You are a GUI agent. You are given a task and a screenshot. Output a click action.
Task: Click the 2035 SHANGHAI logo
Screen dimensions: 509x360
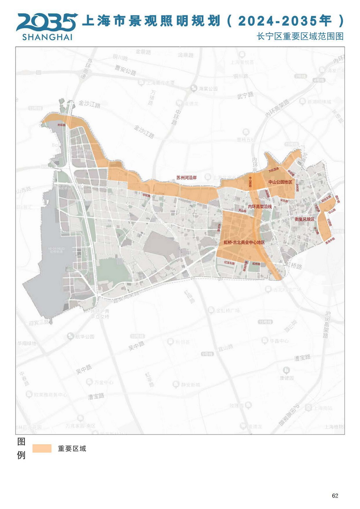(47, 27)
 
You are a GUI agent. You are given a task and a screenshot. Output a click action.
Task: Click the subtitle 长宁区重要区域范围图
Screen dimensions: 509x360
(300, 36)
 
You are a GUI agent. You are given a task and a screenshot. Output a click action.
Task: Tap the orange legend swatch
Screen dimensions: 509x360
(42, 448)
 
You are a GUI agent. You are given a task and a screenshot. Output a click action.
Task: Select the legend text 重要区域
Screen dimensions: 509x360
(72, 449)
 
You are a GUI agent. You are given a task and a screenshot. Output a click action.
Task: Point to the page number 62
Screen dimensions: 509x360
(335, 496)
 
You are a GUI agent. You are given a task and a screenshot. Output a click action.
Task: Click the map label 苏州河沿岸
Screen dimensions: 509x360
(186, 178)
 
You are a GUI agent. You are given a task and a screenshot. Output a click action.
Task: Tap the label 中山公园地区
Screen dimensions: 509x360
(280, 182)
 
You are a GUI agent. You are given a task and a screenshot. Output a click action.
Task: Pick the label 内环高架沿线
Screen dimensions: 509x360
(260, 207)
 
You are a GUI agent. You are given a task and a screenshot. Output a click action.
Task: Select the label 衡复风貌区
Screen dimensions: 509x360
(304, 219)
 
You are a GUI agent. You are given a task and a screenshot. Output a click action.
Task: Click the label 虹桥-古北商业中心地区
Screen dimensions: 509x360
(244, 243)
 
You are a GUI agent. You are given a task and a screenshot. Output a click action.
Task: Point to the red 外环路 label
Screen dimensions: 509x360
(62, 125)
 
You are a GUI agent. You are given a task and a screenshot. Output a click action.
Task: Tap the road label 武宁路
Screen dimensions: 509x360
(245, 95)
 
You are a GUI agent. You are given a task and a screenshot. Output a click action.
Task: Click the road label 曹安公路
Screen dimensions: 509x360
(125, 70)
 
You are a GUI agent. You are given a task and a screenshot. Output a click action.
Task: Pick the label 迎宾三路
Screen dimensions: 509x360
(39, 322)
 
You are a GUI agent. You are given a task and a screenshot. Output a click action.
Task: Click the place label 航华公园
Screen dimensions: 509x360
(85, 337)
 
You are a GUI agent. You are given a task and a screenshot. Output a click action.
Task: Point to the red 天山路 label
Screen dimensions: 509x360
(242, 211)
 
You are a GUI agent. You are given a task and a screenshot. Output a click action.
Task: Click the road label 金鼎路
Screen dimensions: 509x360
(143, 52)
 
